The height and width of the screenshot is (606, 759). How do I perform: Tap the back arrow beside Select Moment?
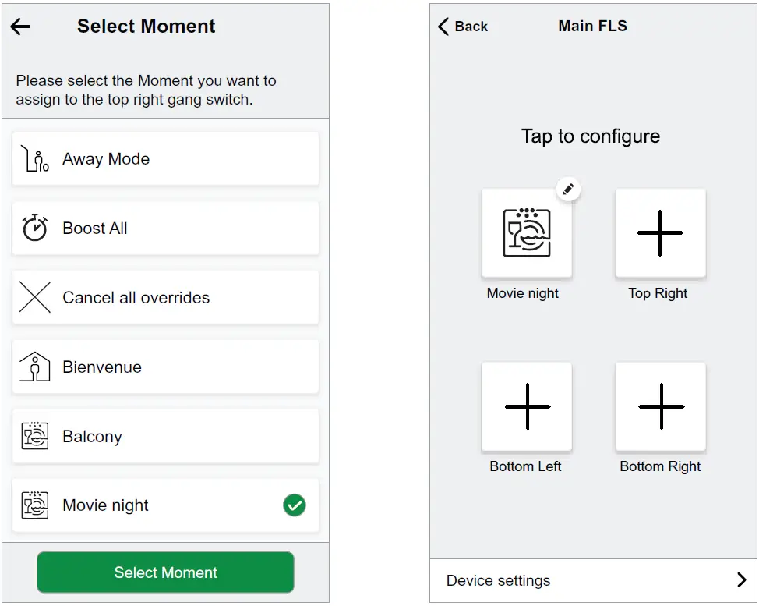pyautogui.click(x=20, y=27)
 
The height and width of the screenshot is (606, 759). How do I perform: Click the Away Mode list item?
pyautogui.click(x=165, y=159)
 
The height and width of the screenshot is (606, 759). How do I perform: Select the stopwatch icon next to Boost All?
pyautogui.click(x=35, y=229)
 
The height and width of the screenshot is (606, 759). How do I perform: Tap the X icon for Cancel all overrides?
pyautogui.click(x=35, y=298)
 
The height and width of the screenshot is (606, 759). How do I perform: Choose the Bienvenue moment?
pyautogui.click(x=165, y=367)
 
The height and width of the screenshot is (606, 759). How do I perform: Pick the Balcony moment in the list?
pyautogui.click(x=165, y=437)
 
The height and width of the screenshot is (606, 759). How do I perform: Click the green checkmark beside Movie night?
pyautogui.click(x=295, y=505)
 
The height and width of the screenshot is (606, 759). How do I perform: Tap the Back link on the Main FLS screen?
pyautogui.click(x=463, y=27)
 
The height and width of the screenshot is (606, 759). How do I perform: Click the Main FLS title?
pyautogui.click(x=592, y=26)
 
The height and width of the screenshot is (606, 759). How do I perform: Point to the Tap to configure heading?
pyautogui.click(x=591, y=136)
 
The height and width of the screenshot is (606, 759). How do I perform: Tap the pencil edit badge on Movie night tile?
pyautogui.click(x=568, y=189)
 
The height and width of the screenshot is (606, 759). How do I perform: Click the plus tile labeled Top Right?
pyautogui.click(x=660, y=233)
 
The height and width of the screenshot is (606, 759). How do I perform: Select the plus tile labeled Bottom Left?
pyautogui.click(x=527, y=406)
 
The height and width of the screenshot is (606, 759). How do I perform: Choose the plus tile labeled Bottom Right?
pyautogui.click(x=660, y=406)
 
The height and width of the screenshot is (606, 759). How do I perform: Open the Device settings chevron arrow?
pyautogui.click(x=741, y=580)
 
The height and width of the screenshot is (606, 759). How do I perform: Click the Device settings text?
pyautogui.click(x=498, y=581)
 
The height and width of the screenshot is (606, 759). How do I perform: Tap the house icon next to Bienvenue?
pyautogui.click(x=35, y=367)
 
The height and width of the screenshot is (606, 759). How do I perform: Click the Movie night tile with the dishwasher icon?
pyautogui.click(x=527, y=233)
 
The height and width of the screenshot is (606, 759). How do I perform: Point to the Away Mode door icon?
pyautogui.click(x=35, y=159)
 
